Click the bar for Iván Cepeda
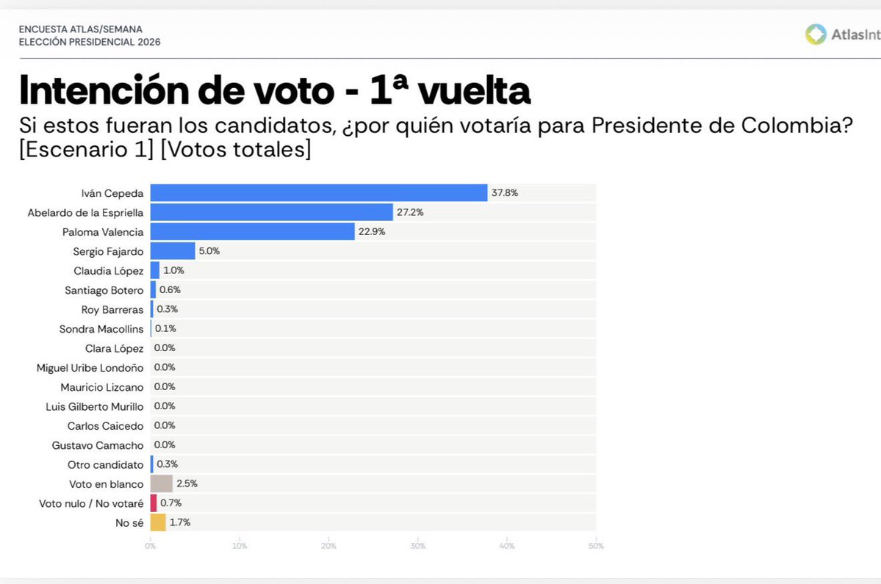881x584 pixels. coord(319,193)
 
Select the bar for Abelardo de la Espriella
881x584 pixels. coord(272,212)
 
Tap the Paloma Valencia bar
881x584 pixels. coord(253,231)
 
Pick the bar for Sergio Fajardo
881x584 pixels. coord(173,251)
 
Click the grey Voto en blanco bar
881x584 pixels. coord(161,483)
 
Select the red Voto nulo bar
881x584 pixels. coord(154,503)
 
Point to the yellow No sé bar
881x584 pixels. coord(158,522)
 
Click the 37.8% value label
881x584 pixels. coord(505,193)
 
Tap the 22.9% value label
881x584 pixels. coord(373,231)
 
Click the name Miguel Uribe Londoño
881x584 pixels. coord(90,367)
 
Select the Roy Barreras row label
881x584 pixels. coord(112,309)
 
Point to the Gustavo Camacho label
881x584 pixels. coord(98,445)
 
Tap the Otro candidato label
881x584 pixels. coord(106,464)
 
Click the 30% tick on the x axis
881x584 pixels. coord(417,546)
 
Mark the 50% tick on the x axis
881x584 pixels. coord(596,546)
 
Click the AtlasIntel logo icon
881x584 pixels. coord(816,35)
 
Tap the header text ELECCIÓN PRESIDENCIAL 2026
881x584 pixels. coord(90,42)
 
